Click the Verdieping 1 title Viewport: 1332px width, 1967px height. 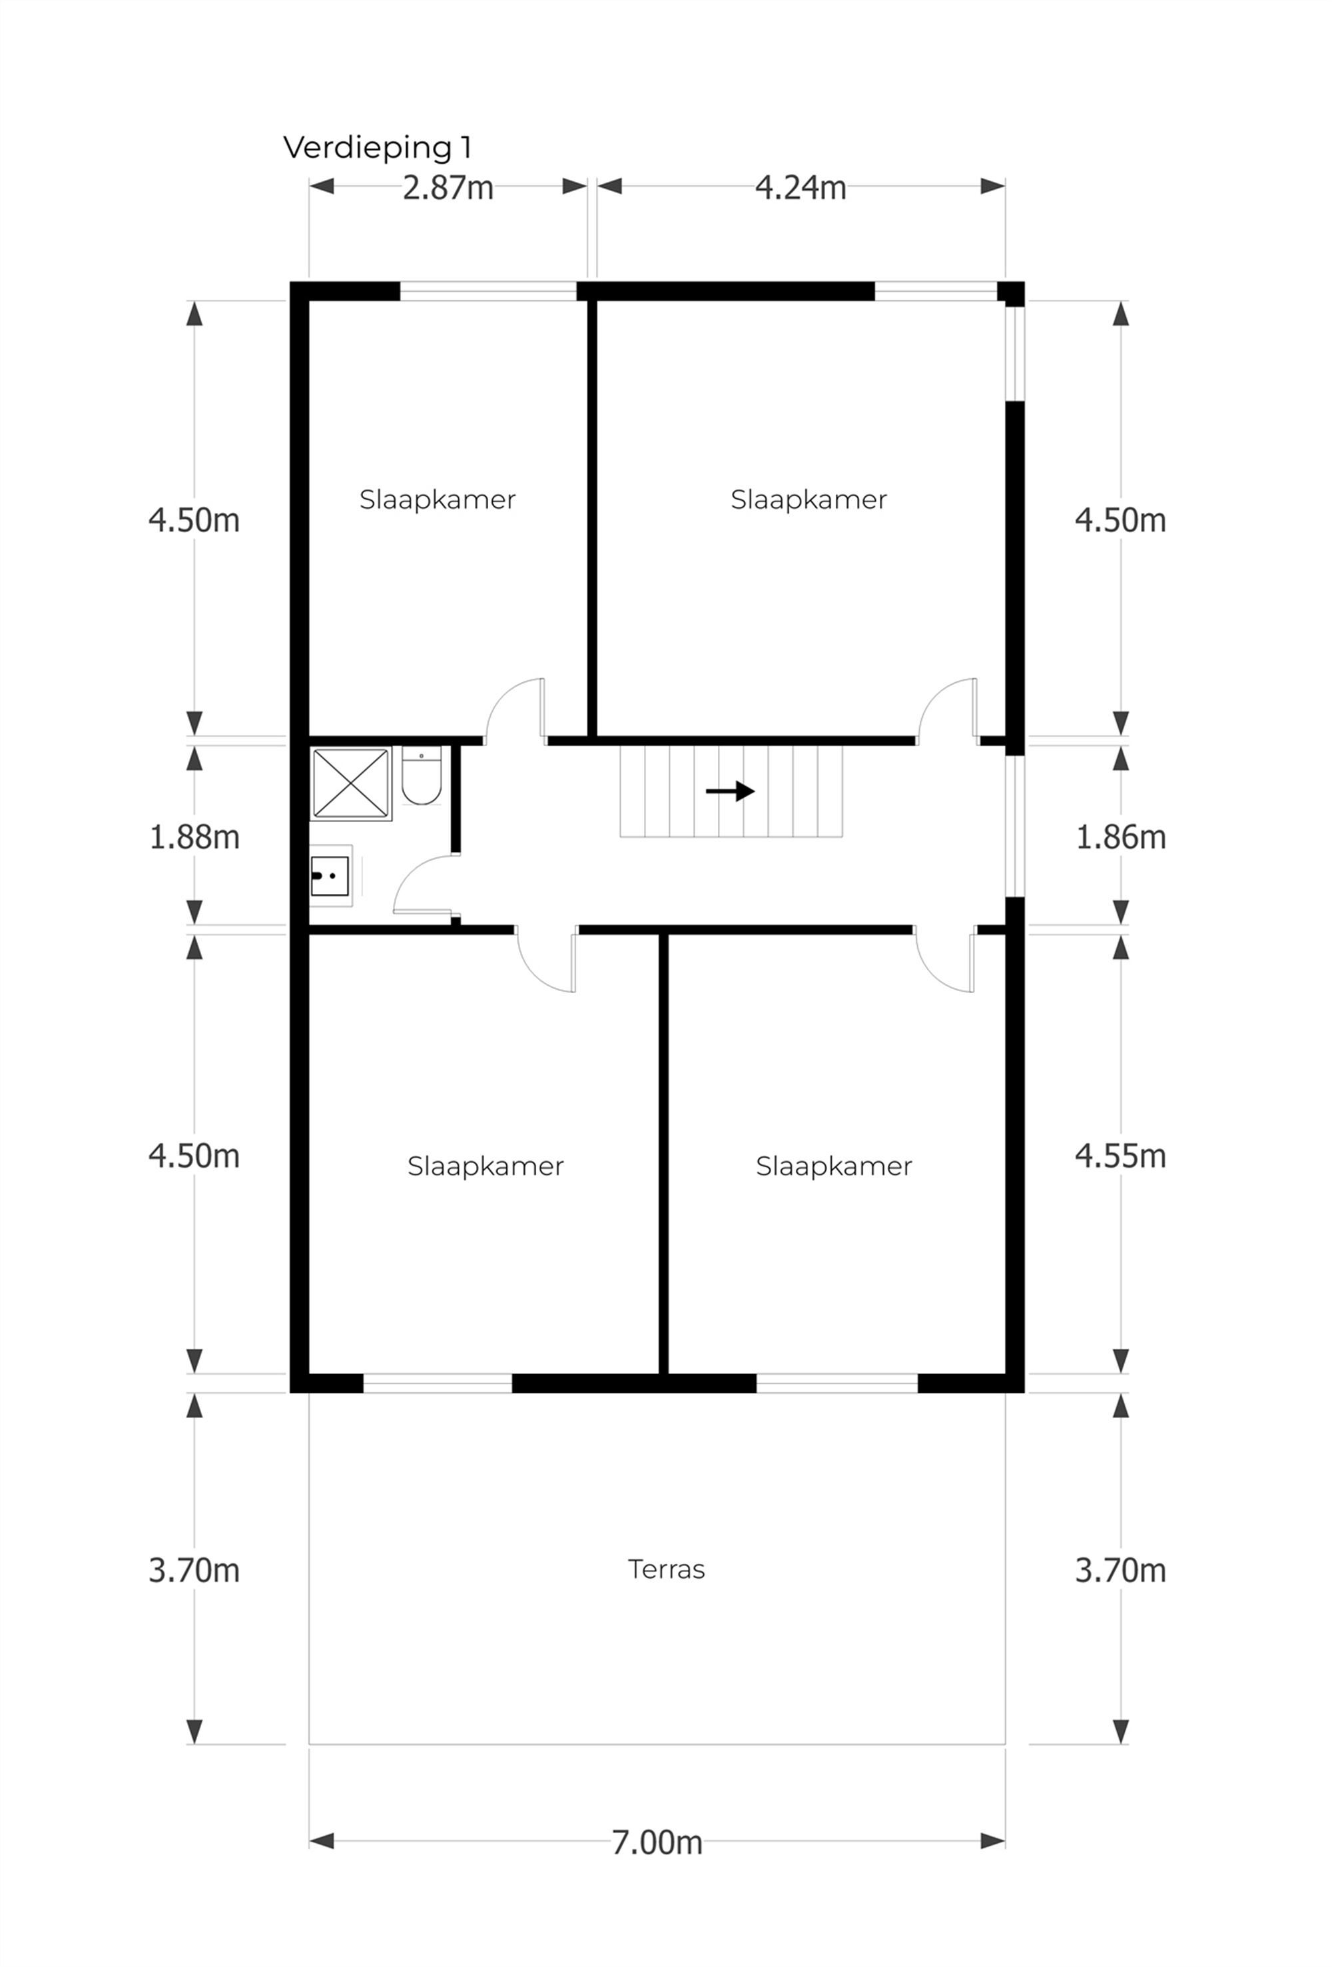[x=376, y=147]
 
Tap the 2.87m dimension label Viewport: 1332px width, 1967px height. [x=448, y=188]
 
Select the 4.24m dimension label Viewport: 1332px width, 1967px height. [x=800, y=188]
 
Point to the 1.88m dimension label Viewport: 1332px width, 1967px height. [x=194, y=837]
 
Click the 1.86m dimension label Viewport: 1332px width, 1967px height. [x=1120, y=837]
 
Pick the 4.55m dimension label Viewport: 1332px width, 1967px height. [x=1120, y=1155]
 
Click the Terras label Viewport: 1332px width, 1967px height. [x=666, y=1570]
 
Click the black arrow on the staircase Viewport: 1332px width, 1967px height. [x=729, y=791]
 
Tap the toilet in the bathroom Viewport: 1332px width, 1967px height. [x=422, y=777]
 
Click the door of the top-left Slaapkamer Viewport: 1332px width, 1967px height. [x=515, y=711]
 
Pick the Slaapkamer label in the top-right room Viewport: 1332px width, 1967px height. [x=808, y=500]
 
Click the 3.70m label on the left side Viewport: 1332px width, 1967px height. [x=194, y=1571]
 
